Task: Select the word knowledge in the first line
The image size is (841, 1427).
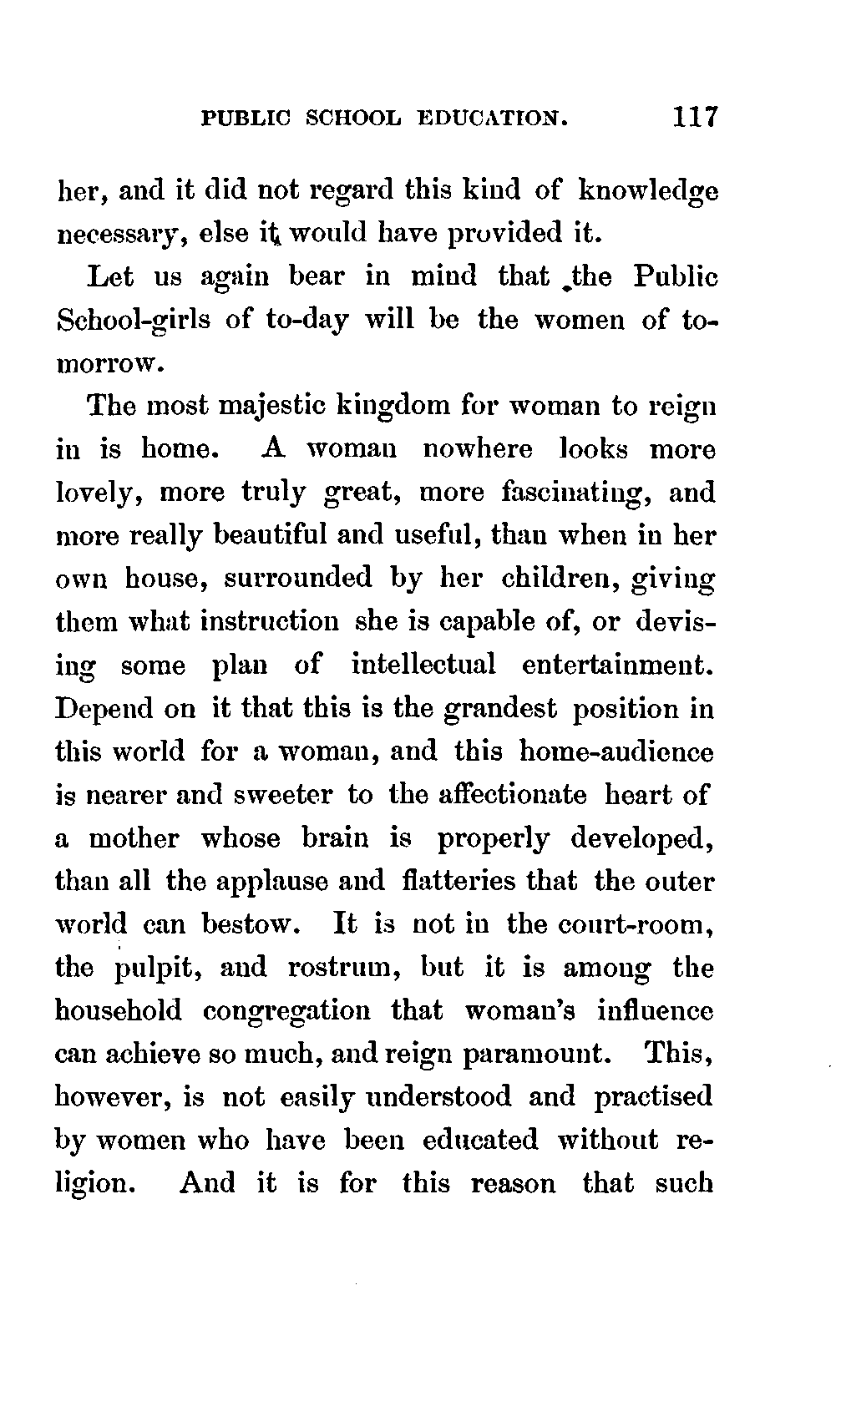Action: coord(648,191)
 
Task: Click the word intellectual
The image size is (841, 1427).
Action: coord(423,665)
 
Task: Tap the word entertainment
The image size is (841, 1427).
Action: coord(618,665)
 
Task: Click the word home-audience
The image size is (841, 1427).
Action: coord(616,751)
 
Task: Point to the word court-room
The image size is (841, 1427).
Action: coord(637,924)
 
